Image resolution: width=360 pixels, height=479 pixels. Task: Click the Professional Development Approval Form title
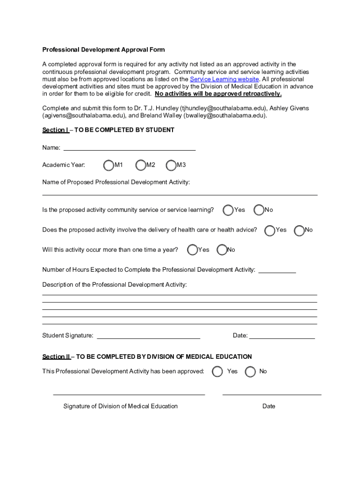point(103,50)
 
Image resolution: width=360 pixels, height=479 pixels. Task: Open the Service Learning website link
point(224,79)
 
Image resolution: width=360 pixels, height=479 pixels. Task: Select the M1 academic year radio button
point(108,165)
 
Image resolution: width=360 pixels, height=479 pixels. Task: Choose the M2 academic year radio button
point(141,165)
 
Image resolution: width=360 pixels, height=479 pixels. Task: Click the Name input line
point(129,148)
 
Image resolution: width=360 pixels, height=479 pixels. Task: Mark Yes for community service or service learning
point(229,210)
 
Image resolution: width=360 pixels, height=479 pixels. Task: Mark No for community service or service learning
point(259,210)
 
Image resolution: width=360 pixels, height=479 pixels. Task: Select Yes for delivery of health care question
point(270,230)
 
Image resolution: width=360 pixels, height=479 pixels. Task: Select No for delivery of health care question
point(299,230)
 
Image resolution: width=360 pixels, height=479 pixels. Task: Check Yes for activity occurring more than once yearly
point(193,250)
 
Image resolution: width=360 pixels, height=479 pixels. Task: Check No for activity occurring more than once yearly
point(222,250)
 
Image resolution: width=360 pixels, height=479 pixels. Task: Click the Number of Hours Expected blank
point(277,270)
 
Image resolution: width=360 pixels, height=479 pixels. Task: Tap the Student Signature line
point(148,336)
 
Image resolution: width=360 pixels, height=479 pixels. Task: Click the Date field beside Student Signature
point(282,336)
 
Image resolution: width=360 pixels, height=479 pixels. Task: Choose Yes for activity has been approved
point(217,371)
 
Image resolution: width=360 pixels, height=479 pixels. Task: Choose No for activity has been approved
point(251,371)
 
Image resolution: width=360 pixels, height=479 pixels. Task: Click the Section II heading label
point(56,357)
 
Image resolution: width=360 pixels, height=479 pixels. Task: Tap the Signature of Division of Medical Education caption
point(120,406)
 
